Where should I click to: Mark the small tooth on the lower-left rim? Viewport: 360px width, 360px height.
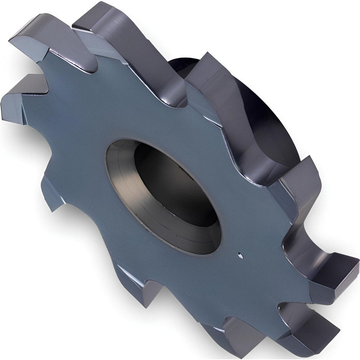[52, 191]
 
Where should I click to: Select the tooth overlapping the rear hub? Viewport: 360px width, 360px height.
[216, 90]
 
